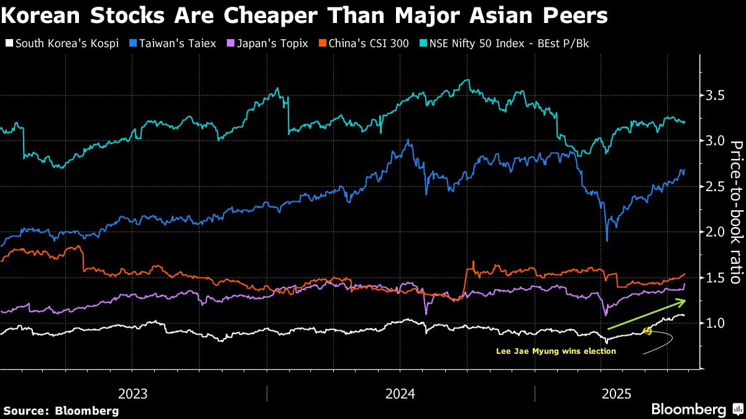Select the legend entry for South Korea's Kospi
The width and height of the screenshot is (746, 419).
pos(62,43)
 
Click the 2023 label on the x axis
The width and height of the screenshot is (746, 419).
pos(132,394)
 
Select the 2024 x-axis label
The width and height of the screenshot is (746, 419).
pos(400,394)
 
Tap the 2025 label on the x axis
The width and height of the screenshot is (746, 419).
pos(618,394)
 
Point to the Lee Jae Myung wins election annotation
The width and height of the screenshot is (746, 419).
pos(556,351)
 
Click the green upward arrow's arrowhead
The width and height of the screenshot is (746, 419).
pos(683,302)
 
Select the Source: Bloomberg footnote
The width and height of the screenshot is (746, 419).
pos(60,410)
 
